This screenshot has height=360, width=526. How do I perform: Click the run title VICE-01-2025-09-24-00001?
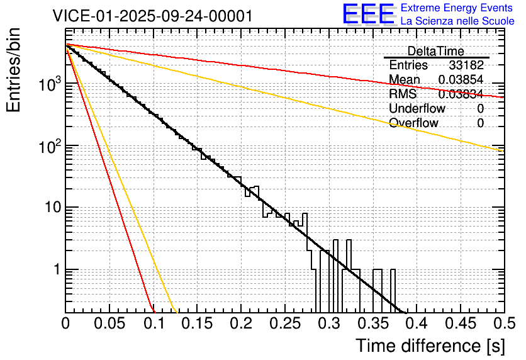click(x=153, y=16)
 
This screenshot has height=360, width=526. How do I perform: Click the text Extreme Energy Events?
click(x=457, y=8)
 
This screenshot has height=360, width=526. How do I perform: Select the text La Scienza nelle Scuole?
click(x=457, y=21)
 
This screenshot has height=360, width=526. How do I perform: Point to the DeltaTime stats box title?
click(x=436, y=51)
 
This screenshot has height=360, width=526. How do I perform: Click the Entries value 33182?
click(x=466, y=65)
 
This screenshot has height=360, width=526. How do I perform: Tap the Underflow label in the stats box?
click(x=417, y=108)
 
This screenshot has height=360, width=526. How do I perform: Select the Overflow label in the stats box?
click(x=414, y=123)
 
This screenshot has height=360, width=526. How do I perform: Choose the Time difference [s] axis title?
click(x=430, y=346)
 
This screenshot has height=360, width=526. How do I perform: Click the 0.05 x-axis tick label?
click(x=109, y=324)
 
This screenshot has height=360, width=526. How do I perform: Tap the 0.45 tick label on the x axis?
click(x=459, y=324)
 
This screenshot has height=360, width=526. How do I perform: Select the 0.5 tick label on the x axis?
click(x=502, y=324)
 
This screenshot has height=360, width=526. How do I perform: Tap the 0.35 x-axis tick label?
click(x=372, y=324)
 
